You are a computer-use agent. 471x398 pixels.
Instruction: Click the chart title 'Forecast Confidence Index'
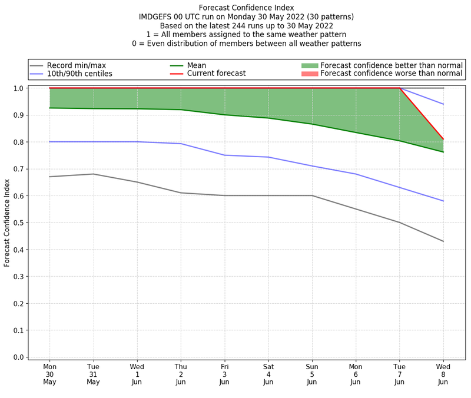click(x=246, y=8)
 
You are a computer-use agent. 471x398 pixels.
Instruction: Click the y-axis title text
click(x=7, y=223)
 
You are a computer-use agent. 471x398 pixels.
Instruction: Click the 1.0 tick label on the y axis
click(x=19, y=88)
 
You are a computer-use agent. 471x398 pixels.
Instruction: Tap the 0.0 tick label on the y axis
click(x=19, y=357)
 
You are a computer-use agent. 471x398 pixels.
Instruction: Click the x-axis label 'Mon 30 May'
click(x=49, y=374)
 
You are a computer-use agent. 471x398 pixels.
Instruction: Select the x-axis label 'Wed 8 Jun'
click(x=443, y=374)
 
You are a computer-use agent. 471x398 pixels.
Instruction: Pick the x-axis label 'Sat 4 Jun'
click(x=268, y=374)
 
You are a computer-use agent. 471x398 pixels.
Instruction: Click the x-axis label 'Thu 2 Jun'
click(x=181, y=374)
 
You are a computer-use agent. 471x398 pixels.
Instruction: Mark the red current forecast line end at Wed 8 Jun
click(x=443, y=139)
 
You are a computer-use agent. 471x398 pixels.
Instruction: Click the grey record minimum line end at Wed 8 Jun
click(x=443, y=241)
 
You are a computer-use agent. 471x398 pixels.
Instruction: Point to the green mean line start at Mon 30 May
click(x=49, y=108)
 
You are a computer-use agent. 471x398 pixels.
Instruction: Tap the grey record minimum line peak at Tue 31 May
click(x=94, y=174)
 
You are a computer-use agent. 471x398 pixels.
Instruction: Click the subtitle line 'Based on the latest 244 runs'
click(x=246, y=26)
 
